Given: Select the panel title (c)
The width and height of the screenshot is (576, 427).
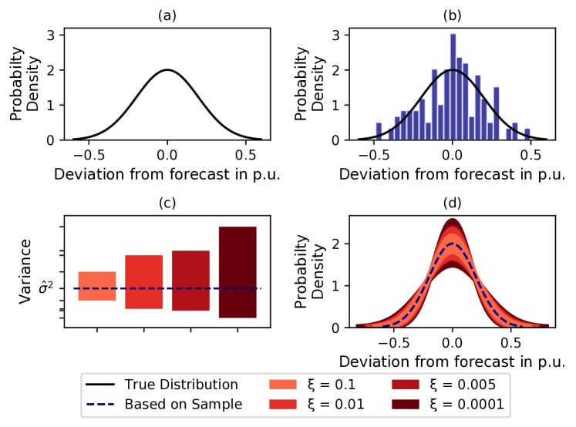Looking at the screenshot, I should (x=167, y=203).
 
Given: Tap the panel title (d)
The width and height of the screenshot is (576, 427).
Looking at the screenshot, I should (x=453, y=203).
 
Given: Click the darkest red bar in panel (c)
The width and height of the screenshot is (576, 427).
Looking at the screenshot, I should (x=237, y=272).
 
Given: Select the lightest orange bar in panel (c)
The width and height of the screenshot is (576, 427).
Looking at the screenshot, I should (x=97, y=286).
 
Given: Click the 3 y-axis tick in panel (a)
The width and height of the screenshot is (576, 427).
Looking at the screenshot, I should (x=50, y=35).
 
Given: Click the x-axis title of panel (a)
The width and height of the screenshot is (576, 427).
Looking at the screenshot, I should (x=167, y=173).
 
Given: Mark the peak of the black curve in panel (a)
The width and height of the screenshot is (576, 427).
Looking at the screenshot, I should (x=167, y=69).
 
